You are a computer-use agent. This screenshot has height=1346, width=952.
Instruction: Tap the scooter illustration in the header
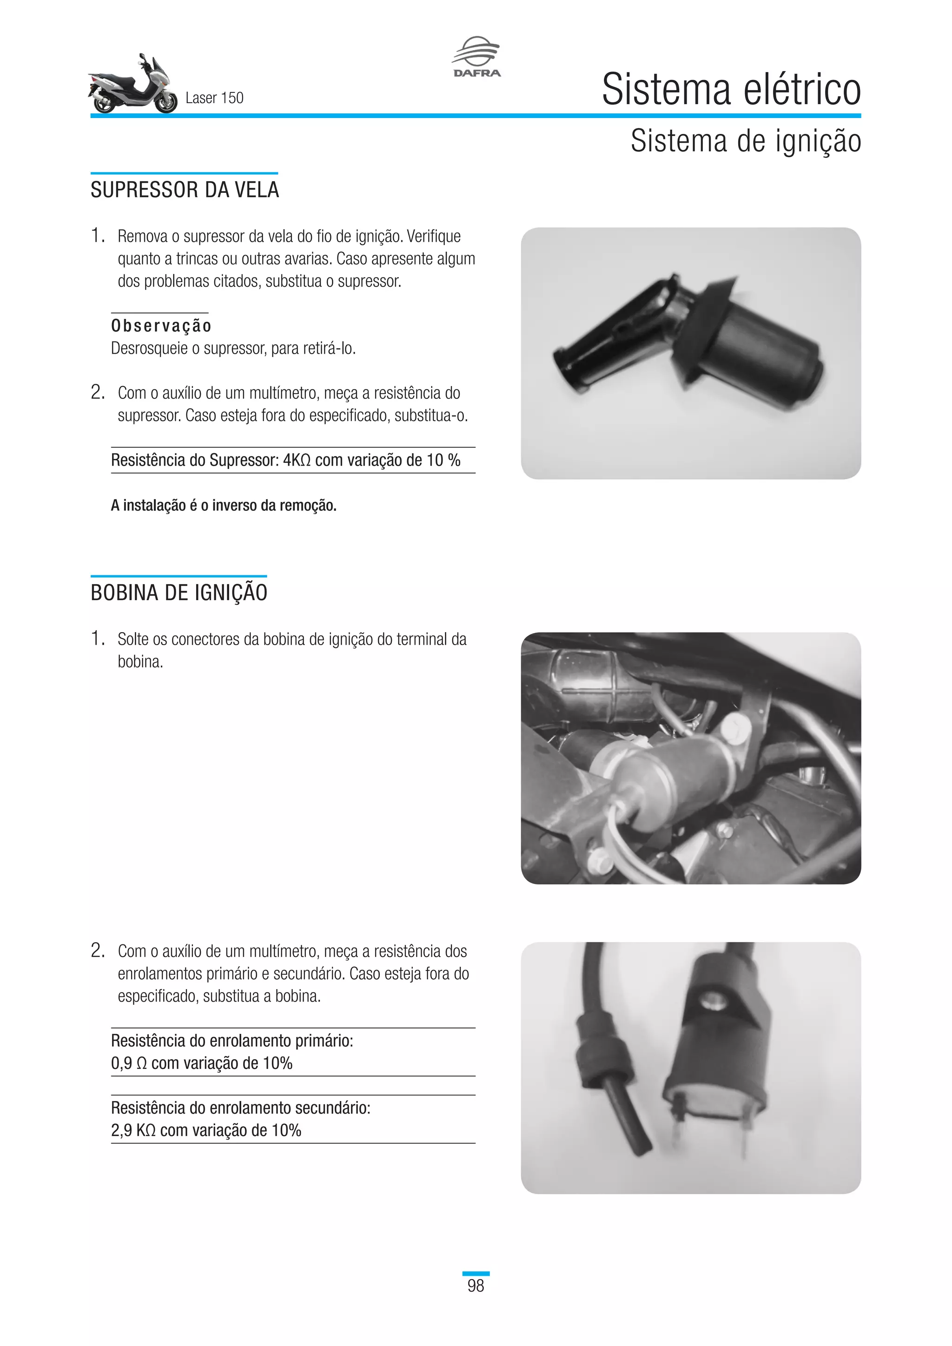click(x=133, y=86)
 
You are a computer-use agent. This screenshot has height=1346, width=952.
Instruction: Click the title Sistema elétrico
click(x=731, y=90)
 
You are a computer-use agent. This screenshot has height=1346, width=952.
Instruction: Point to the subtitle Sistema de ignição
click(x=746, y=141)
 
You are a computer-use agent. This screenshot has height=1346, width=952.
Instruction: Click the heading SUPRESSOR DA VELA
click(x=185, y=190)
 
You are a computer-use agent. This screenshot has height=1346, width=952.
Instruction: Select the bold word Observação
click(x=161, y=326)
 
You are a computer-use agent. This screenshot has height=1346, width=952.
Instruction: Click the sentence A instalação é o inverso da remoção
click(x=223, y=505)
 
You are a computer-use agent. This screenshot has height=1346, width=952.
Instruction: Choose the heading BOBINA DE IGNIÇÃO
click(x=179, y=593)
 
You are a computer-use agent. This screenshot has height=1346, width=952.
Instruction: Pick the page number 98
click(x=476, y=1286)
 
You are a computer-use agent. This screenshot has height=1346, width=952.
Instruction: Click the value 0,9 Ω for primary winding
click(x=128, y=1063)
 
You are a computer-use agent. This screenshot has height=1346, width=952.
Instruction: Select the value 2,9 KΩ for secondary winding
click(x=133, y=1130)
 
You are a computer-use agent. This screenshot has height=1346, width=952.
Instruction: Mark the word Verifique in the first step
click(x=434, y=236)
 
